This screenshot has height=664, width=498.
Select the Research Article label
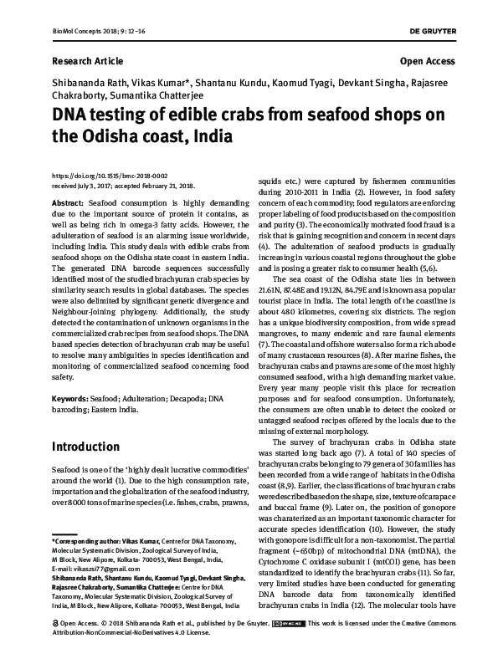(x=87, y=61)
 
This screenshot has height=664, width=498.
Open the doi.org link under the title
(x=110, y=176)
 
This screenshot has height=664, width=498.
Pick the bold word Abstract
(x=67, y=204)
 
